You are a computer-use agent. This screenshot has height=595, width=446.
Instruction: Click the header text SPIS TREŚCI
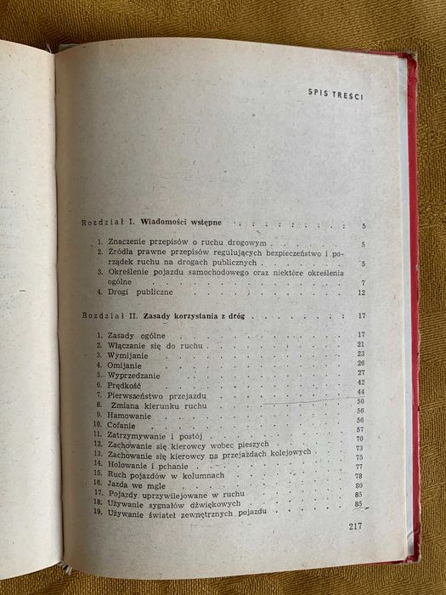[x=336, y=94]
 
